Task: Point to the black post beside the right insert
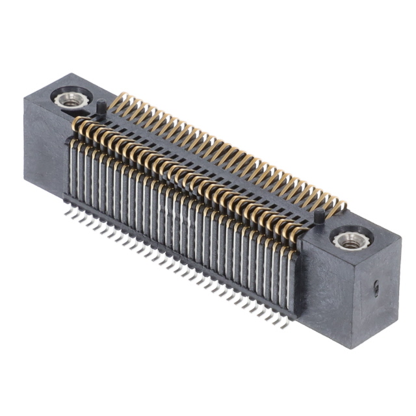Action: pos(318,216)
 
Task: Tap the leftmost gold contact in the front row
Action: pos(76,123)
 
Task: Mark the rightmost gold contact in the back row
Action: pos(339,207)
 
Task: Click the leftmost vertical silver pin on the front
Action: pos(71,169)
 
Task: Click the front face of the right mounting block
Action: pos(325,292)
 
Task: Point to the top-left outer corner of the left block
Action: pos(25,97)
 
